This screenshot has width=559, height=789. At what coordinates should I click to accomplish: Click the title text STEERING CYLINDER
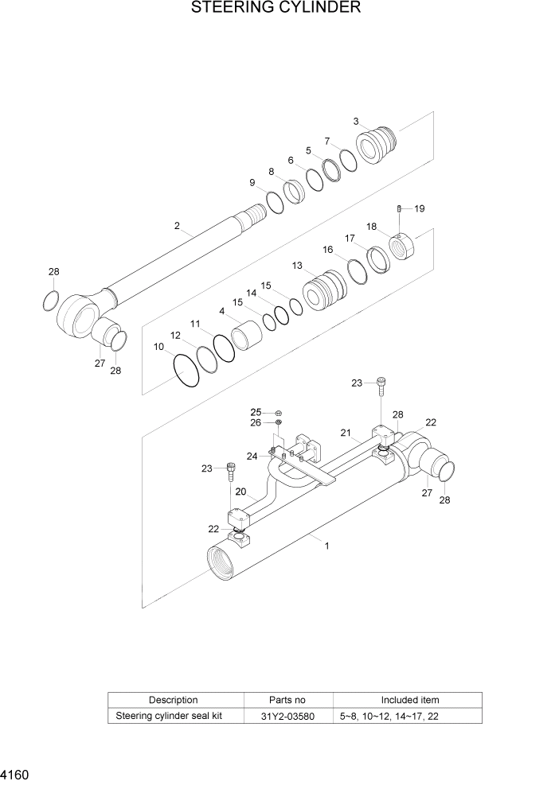click(276, 9)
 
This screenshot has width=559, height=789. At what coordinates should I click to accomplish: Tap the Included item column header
click(410, 700)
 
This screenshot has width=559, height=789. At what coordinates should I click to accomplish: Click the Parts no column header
click(287, 700)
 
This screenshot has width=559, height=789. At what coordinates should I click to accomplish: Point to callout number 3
click(356, 121)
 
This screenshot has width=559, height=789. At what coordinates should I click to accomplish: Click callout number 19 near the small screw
click(419, 208)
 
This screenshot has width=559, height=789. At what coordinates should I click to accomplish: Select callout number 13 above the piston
click(297, 266)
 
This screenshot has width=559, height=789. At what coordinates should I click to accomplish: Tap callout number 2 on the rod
click(177, 226)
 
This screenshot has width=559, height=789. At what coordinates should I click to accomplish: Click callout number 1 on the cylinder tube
click(326, 546)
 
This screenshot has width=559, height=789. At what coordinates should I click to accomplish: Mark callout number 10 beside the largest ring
click(158, 347)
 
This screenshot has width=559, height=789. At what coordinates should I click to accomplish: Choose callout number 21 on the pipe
click(346, 433)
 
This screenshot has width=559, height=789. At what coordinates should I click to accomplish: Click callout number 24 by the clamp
click(252, 456)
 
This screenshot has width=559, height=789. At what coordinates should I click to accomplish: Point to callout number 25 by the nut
click(256, 412)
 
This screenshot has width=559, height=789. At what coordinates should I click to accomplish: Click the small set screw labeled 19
click(398, 208)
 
